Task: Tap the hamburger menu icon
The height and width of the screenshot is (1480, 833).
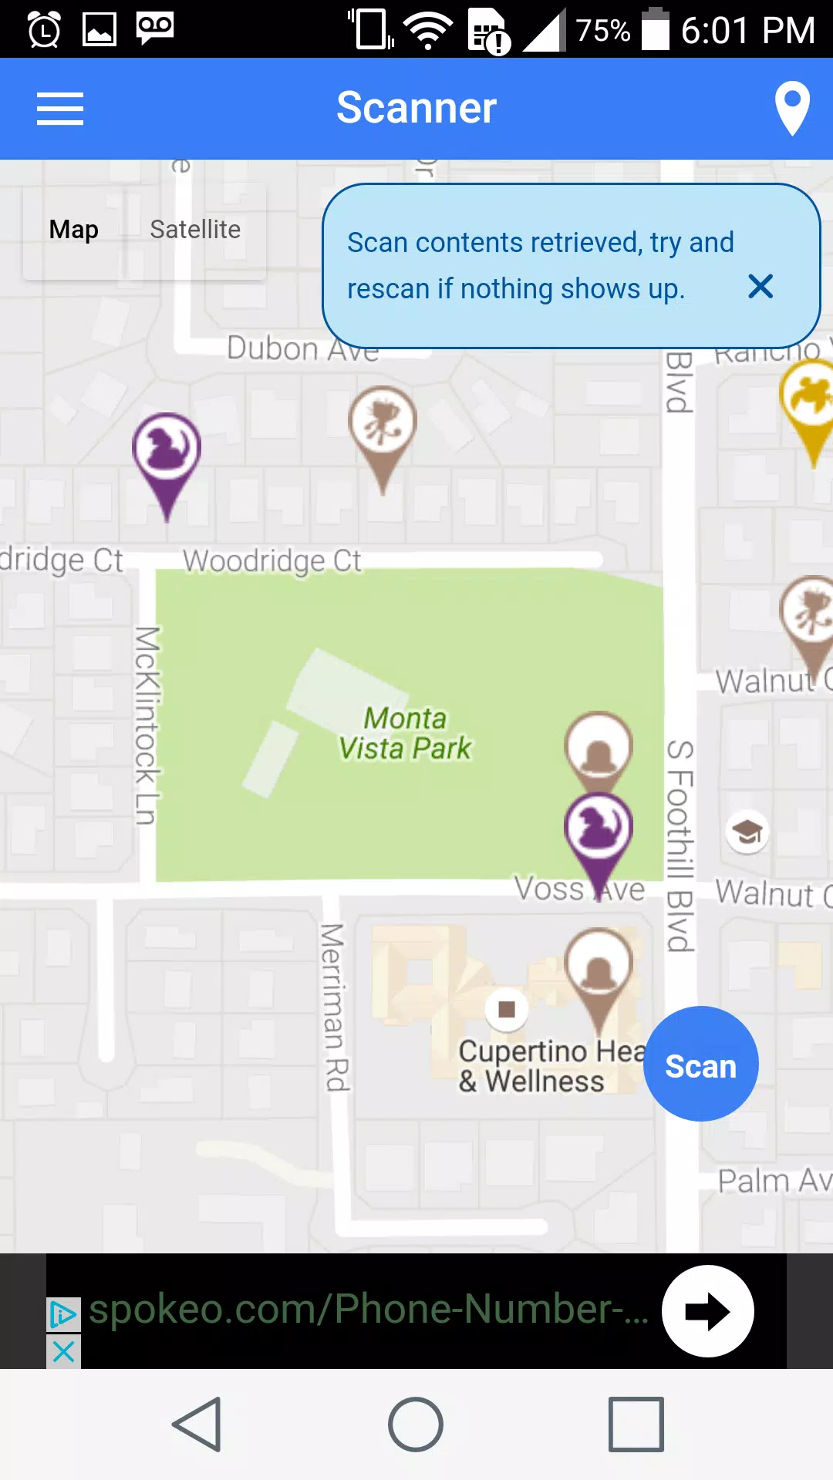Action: click(x=60, y=108)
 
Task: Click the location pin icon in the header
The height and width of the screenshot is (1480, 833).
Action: click(x=792, y=108)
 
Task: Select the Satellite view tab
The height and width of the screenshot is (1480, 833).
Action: click(x=195, y=230)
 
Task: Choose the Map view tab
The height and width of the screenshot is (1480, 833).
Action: click(x=74, y=230)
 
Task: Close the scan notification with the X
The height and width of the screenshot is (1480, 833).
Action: click(x=760, y=287)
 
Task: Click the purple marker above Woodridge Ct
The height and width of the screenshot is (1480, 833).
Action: click(x=167, y=455)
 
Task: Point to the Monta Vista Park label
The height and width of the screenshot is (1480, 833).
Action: click(x=405, y=733)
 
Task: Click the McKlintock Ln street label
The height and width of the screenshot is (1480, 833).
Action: click(x=147, y=725)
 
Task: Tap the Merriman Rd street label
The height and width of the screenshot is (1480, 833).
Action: click(x=334, y=1007)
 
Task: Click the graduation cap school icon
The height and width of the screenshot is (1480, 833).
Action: click(x=747, y=832)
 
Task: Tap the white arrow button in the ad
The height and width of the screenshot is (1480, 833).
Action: click(x=707, y=1311)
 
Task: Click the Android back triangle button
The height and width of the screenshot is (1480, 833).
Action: click(x=198, y=1424)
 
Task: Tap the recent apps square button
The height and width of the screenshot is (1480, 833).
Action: click(x=636, y=1424)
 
